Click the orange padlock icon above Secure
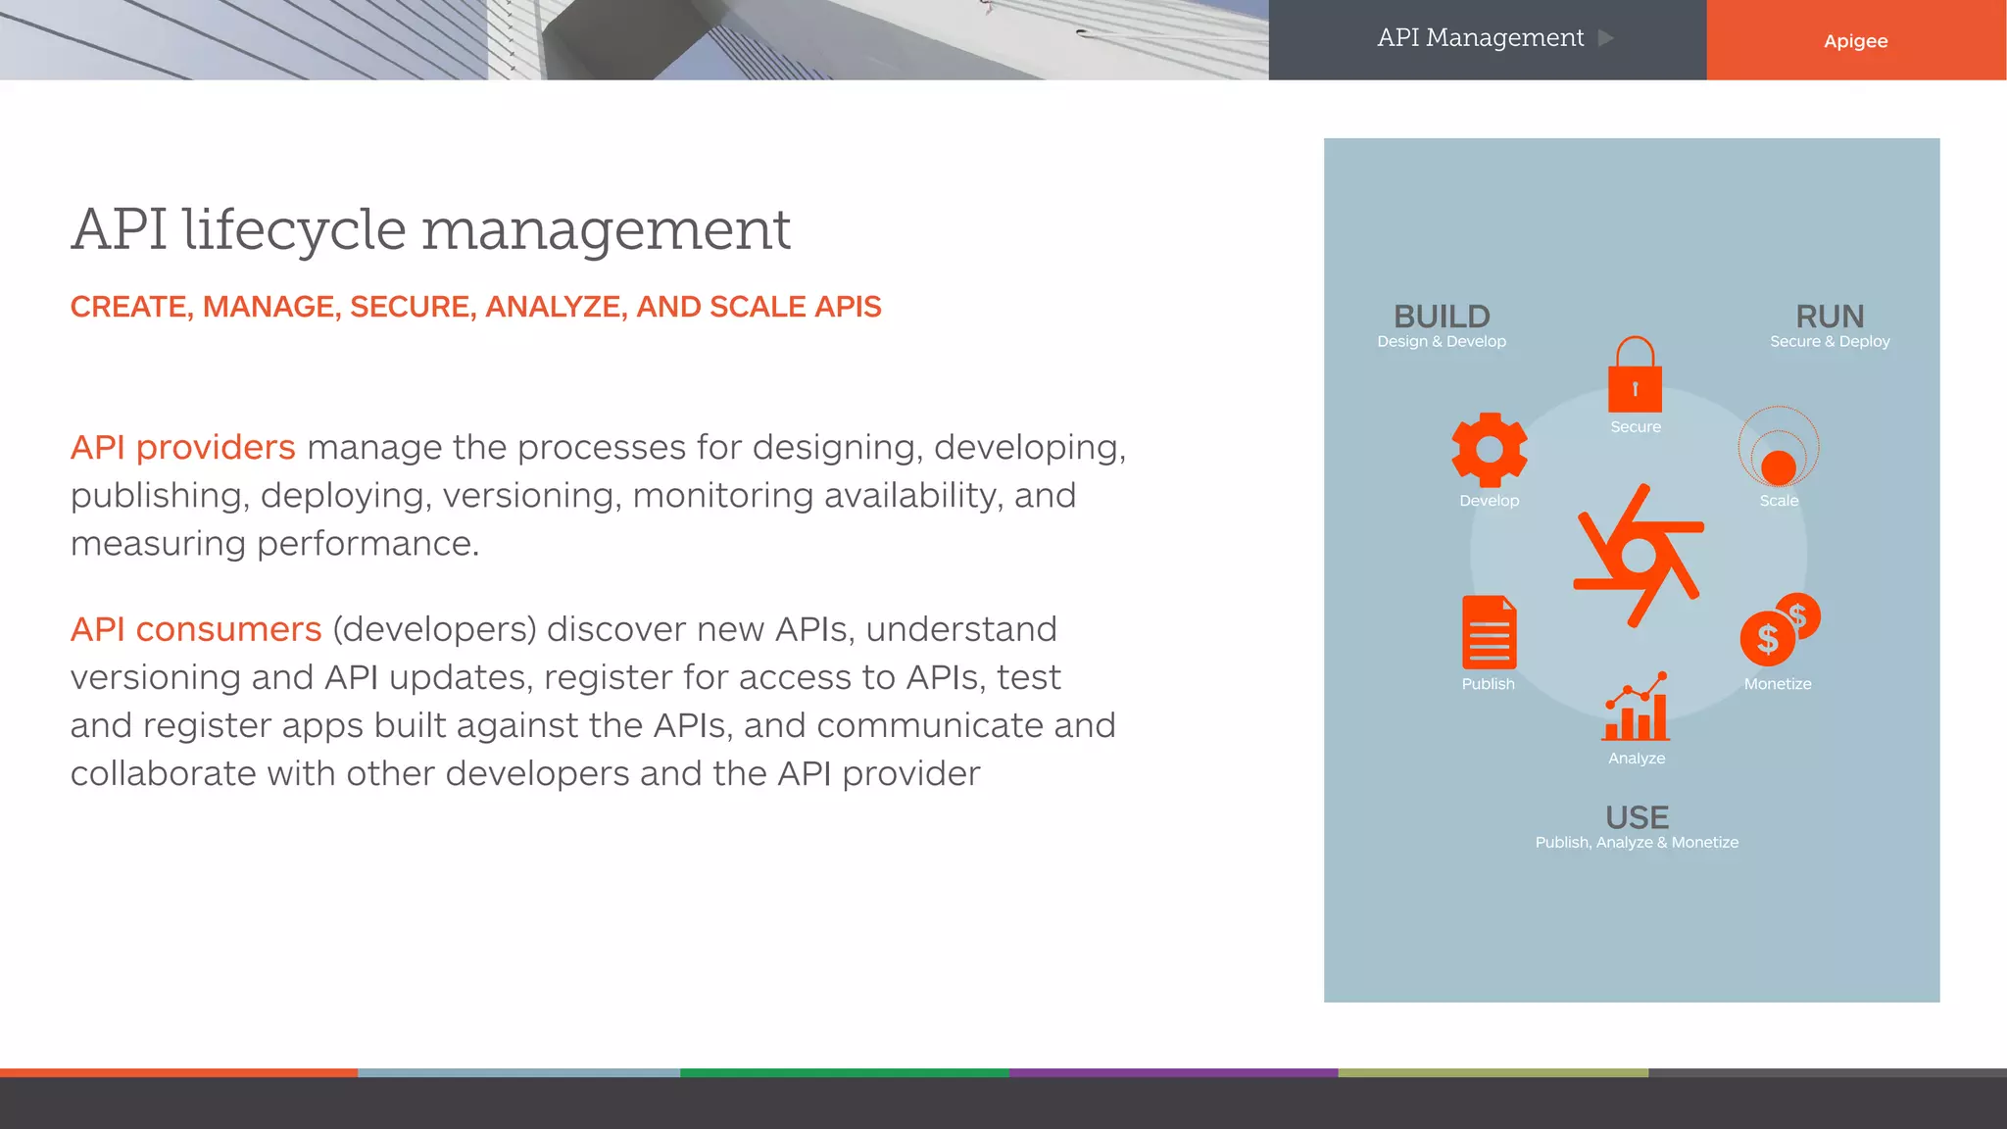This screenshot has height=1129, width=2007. coord(1635,377)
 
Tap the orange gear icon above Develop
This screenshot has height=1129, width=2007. coord(1490,450)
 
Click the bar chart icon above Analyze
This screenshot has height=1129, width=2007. coord(1637,708)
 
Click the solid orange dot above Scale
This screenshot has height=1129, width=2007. coord(1779,467)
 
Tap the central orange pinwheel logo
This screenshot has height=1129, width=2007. coord(1638,556)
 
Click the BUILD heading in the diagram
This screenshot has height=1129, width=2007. coord(1442,317)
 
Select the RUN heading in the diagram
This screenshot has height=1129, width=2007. coord(1830,317)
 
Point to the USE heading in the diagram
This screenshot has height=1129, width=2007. coord(1637,817)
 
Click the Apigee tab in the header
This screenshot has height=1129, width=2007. coord(1855,40)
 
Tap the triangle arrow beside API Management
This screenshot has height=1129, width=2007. coord(1605,38)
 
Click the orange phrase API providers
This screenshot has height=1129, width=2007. coord(182,448)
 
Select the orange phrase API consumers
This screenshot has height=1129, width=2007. coord(196,629)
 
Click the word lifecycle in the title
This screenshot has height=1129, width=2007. coord(294,230)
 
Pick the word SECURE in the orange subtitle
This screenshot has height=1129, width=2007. coord(413,307)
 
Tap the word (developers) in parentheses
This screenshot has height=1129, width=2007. coord(434,629)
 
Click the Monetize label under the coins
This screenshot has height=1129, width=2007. coord(1778,684)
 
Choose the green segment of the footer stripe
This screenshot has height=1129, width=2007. coord(844,1073)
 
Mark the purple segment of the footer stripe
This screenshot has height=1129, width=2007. coord(1173,1073)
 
